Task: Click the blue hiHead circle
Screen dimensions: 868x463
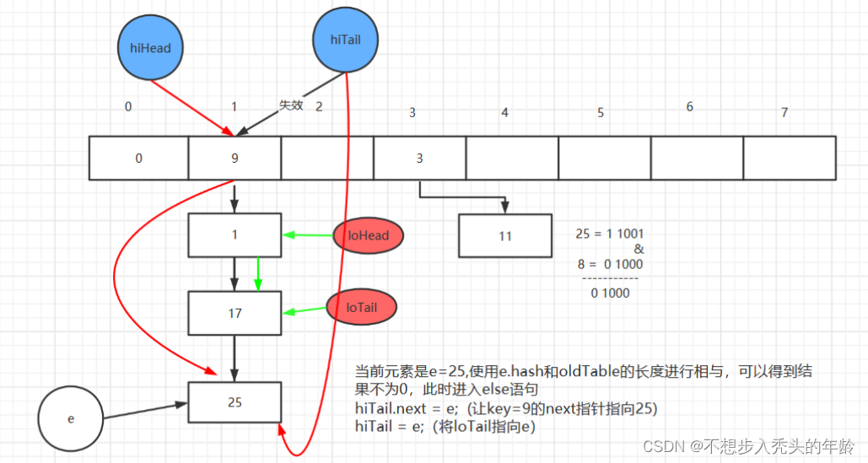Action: click(x=150, y=47)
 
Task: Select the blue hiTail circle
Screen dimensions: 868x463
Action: click(x=346, y=40)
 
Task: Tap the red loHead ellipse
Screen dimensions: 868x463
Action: click(x=368, y=235)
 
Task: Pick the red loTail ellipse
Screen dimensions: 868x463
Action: click(x=362, y=307)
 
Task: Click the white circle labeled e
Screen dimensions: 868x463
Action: click(x=70, y=419)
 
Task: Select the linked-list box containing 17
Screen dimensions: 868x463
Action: click(x=235, y=313)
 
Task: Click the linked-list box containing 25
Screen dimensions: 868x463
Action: click(x=235, y=402)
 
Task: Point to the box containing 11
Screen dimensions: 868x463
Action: click(x=505, y=235)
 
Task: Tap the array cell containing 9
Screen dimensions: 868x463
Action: click(x=235, y=159)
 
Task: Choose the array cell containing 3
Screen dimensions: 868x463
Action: click(x=419, y=159)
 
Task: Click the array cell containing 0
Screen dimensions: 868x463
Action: click(x=139, y=159)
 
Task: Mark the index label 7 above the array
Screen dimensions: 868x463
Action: click(x=784, y=112)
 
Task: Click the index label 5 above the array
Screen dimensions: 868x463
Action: click(x=601, y=113)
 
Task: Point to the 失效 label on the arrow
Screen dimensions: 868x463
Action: click(x=291, y=105)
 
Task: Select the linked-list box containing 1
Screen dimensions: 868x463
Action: click(x=235, y=235)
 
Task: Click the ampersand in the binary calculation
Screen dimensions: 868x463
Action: click(x=639, y=249)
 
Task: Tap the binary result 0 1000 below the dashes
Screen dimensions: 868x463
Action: click(x=610, y=293)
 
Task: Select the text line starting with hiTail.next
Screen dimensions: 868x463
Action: click(x=506, y=409)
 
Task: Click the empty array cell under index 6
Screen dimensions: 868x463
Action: click(x=697, y=159)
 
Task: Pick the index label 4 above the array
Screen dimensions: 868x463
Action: click(x=504, y=113)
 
